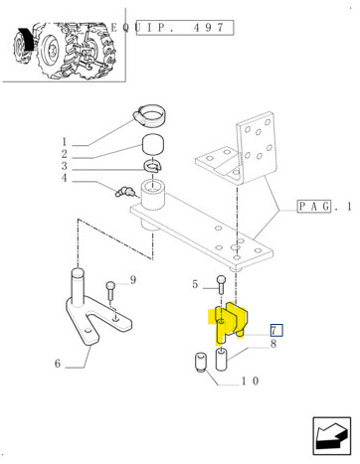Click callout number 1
[x=65, y=142]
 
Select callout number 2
[x=65, y=154]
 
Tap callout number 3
[x=65, y=166]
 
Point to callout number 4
[x=65, y=178]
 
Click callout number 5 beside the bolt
[x=195, y=284]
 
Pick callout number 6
[x=58, y=364]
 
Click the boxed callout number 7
[x=276, y=330]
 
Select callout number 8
[x=273, y=344]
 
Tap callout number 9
[x=133, y=280]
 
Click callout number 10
[x=250, y=381]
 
